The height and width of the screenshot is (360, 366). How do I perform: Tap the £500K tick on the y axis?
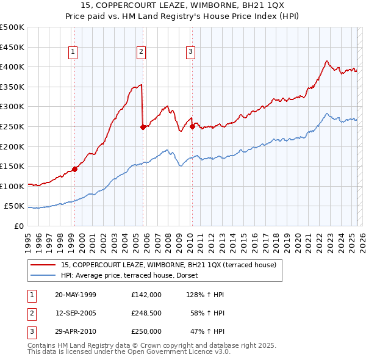pos(12,27)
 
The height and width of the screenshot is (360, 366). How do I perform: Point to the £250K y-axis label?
pos(12,126)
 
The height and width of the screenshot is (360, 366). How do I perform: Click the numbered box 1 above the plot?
pos(73,52)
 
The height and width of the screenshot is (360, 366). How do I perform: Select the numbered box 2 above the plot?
pos(141,52)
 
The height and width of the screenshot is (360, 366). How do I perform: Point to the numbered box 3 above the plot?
pos(190,52)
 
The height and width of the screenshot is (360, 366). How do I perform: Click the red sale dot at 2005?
pos(143,128)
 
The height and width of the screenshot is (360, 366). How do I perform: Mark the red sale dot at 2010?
pos(192,127)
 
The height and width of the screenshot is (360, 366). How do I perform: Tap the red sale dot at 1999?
pos(75,170)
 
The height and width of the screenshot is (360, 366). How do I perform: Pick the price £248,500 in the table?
pos(146,313)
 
